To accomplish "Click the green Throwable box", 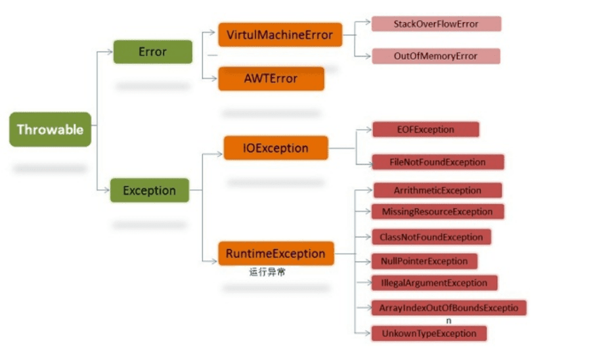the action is pyautogui.click(x=50, y=129).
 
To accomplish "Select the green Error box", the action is pyautogui.click(x=152, y=52).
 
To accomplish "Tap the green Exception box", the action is pyautogui.click(x=150, y=191).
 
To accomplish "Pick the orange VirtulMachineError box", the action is pyautogui.click(x=280, y=35).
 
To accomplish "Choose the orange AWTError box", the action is pyautogui.click(x=271, y=78).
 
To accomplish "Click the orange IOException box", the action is pyautogui.click(x=276, y=148).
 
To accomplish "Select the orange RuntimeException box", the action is pyautogui.click(x=276, y=254).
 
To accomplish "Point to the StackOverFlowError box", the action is pyautogui.click(x=437, y=24).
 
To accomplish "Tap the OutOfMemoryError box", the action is pyautogui.click(x=436, y=56).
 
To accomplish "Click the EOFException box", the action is pyautogui.click(x=426, y=129).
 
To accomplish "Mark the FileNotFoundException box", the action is pyautogui.click(x=438, y=162).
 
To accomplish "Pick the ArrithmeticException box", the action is pyautogui.click(x=437, y=191).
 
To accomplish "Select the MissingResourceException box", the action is pyautogui.click(x=437, y=212).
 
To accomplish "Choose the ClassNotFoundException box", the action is pyautogui.click(x=431, y=237).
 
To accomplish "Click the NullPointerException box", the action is pyautogui.click(x=424, y=261).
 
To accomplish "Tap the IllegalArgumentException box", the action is pyautogui.click(x=434, y=282).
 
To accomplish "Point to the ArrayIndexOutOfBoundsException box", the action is pyautogui.click(x=449, y=308).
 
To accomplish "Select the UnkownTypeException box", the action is pyautogui.click(x=429, y=333).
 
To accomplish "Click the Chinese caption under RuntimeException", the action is pyautogui.click(x=267, y=272).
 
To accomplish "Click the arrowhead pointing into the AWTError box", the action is pyautogui.click(x=214, y=78).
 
